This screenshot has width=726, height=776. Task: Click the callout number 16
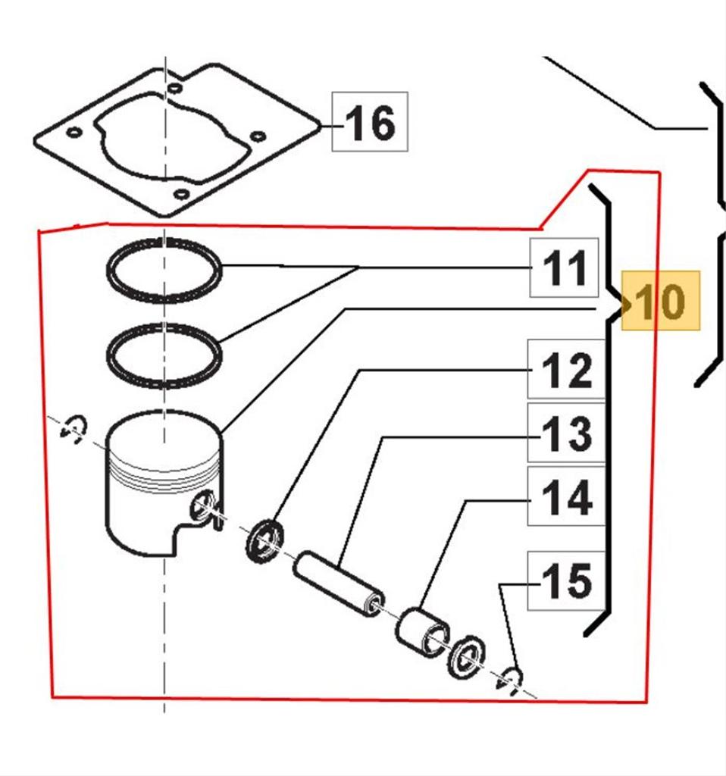click(x=370, y=122)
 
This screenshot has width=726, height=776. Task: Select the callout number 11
click(x=565, y=268)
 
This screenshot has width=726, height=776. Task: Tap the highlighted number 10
click(x=660, y=302)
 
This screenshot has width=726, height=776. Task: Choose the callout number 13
click(x=566, y=433)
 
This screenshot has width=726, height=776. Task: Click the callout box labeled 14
click(x=566, y=497)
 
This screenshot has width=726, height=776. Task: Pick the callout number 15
click(x=566, y=580)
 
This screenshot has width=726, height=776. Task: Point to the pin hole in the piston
click(x=202, y=506)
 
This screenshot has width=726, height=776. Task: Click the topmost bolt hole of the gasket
click(x=175, y=88)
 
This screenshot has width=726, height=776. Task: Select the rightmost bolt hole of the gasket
click(x=258, y=136)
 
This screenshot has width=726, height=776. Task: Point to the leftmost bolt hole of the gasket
click(x=74, y=133)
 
